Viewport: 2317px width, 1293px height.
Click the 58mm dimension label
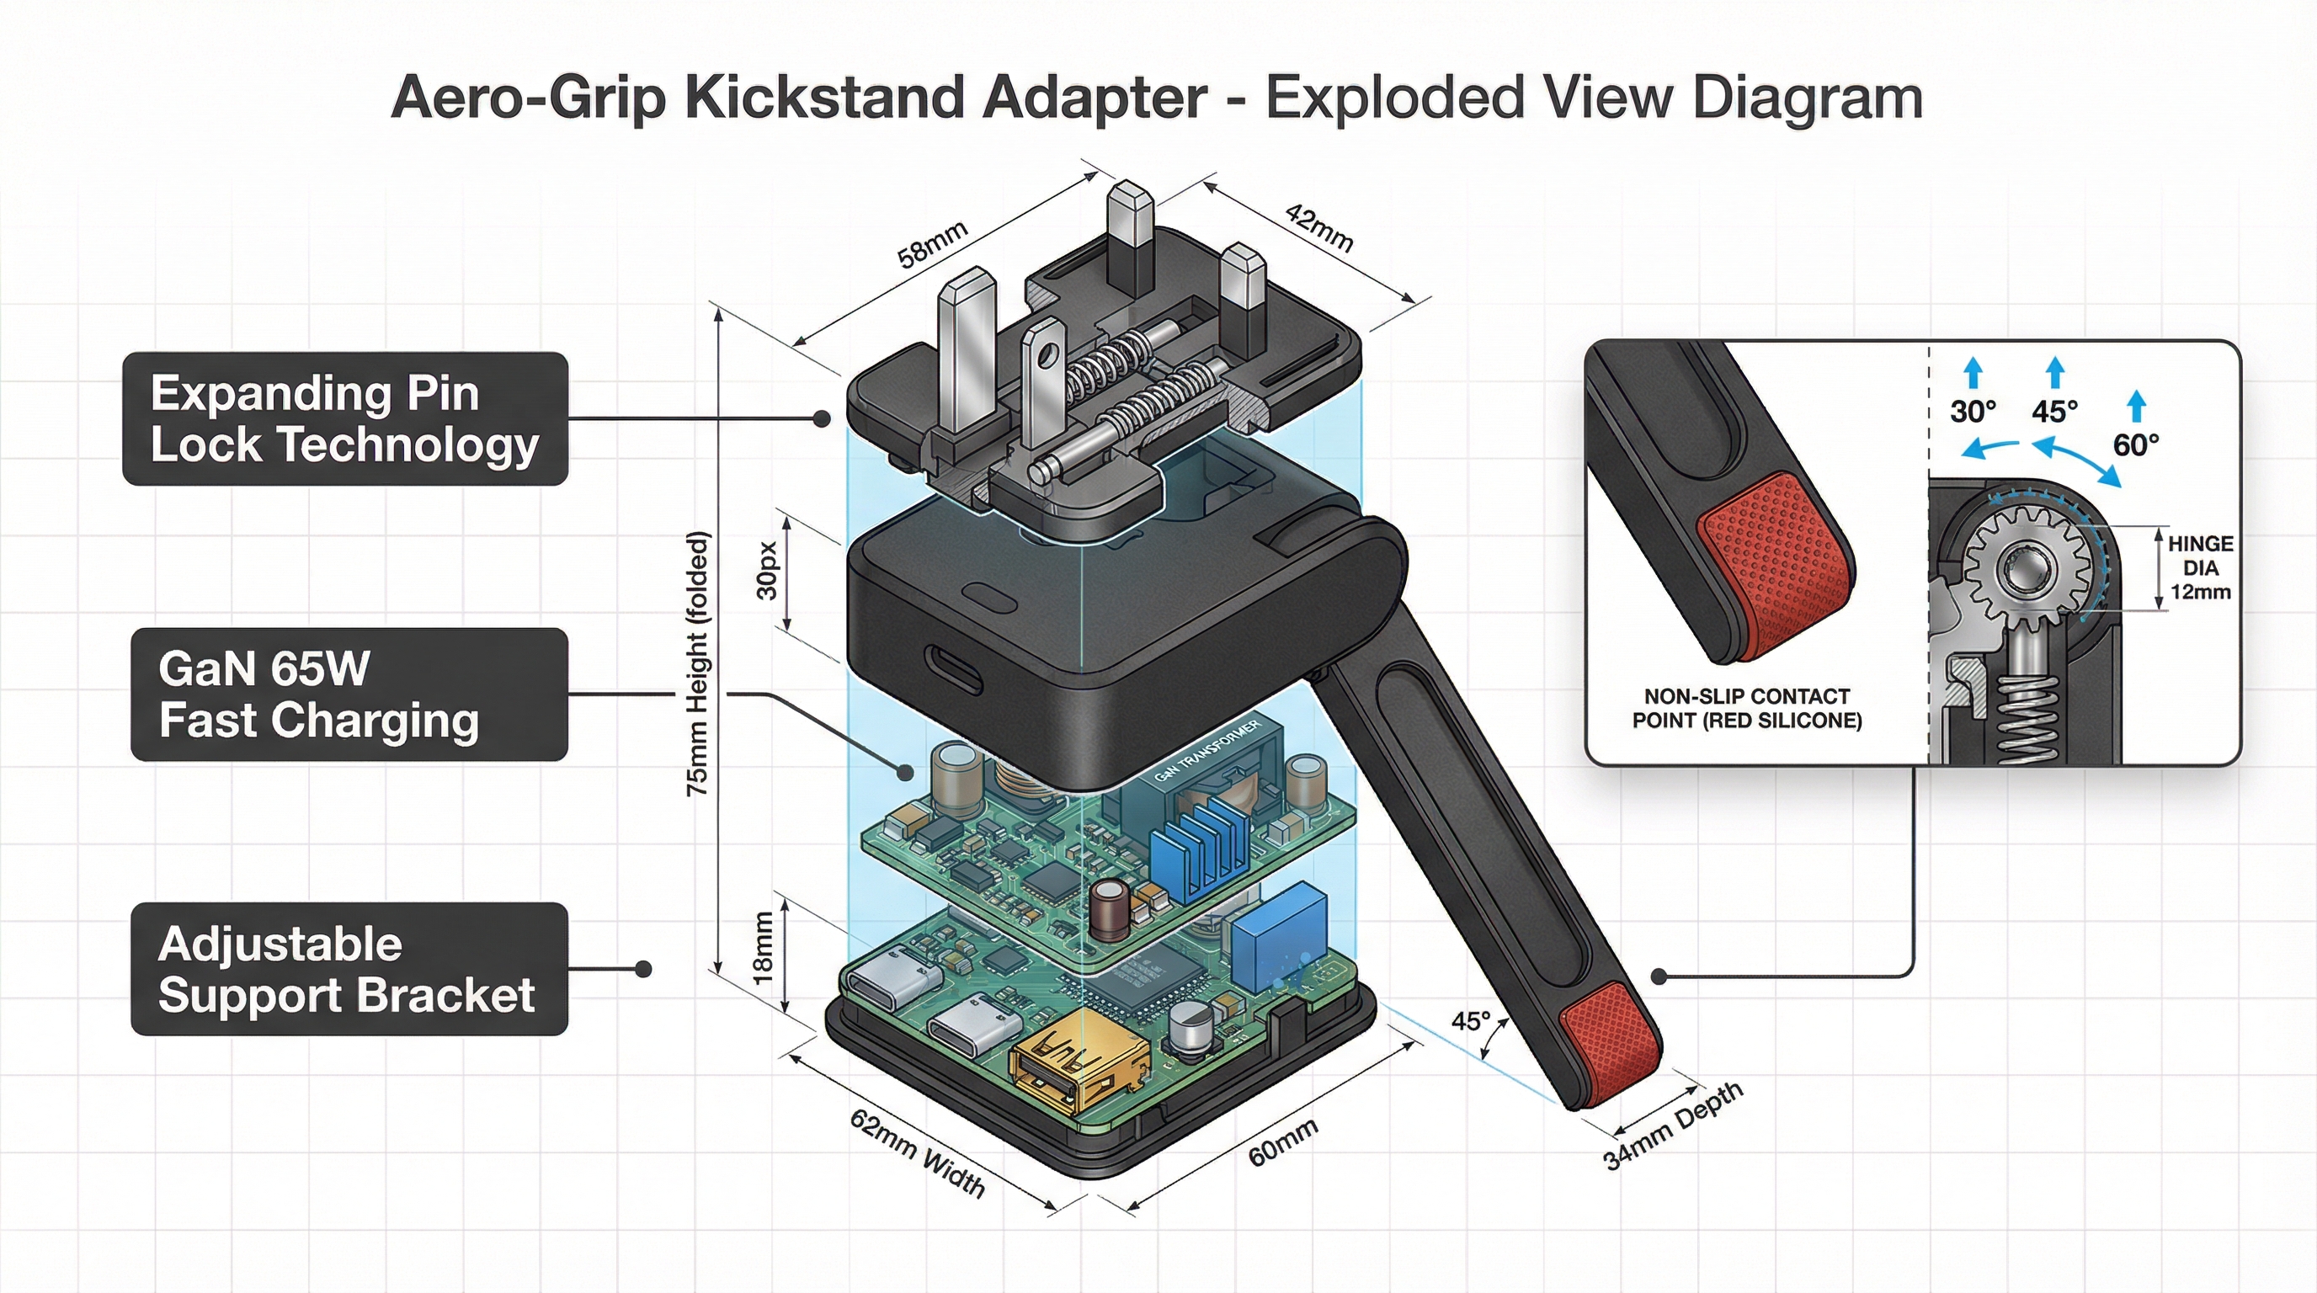click(x=933, y=245)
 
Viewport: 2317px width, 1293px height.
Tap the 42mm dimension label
click(x=1318, y=227)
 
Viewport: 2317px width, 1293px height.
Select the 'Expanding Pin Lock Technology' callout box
click(x=345, y=419)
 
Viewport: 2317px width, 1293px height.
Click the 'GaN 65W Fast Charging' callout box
click(x=349, y=694)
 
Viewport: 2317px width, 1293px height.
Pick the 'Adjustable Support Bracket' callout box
click(x=349, y=969)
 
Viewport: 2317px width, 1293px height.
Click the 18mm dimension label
click(x=763, y=948)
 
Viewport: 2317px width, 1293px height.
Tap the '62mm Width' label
click(x=918, y=1153)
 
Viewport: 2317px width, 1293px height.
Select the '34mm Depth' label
click(x=1673, y=1126)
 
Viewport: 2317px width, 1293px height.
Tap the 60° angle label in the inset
click(x=2136, y=445)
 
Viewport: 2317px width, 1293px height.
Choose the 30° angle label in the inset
click(x=1973, y=412)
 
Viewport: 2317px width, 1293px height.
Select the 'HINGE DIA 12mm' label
click(x=2200, y=567)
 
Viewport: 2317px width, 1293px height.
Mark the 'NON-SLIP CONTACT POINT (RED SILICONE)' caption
click(x=1747, y=709)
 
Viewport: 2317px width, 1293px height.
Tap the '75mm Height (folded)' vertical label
click(x=699, y=663)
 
